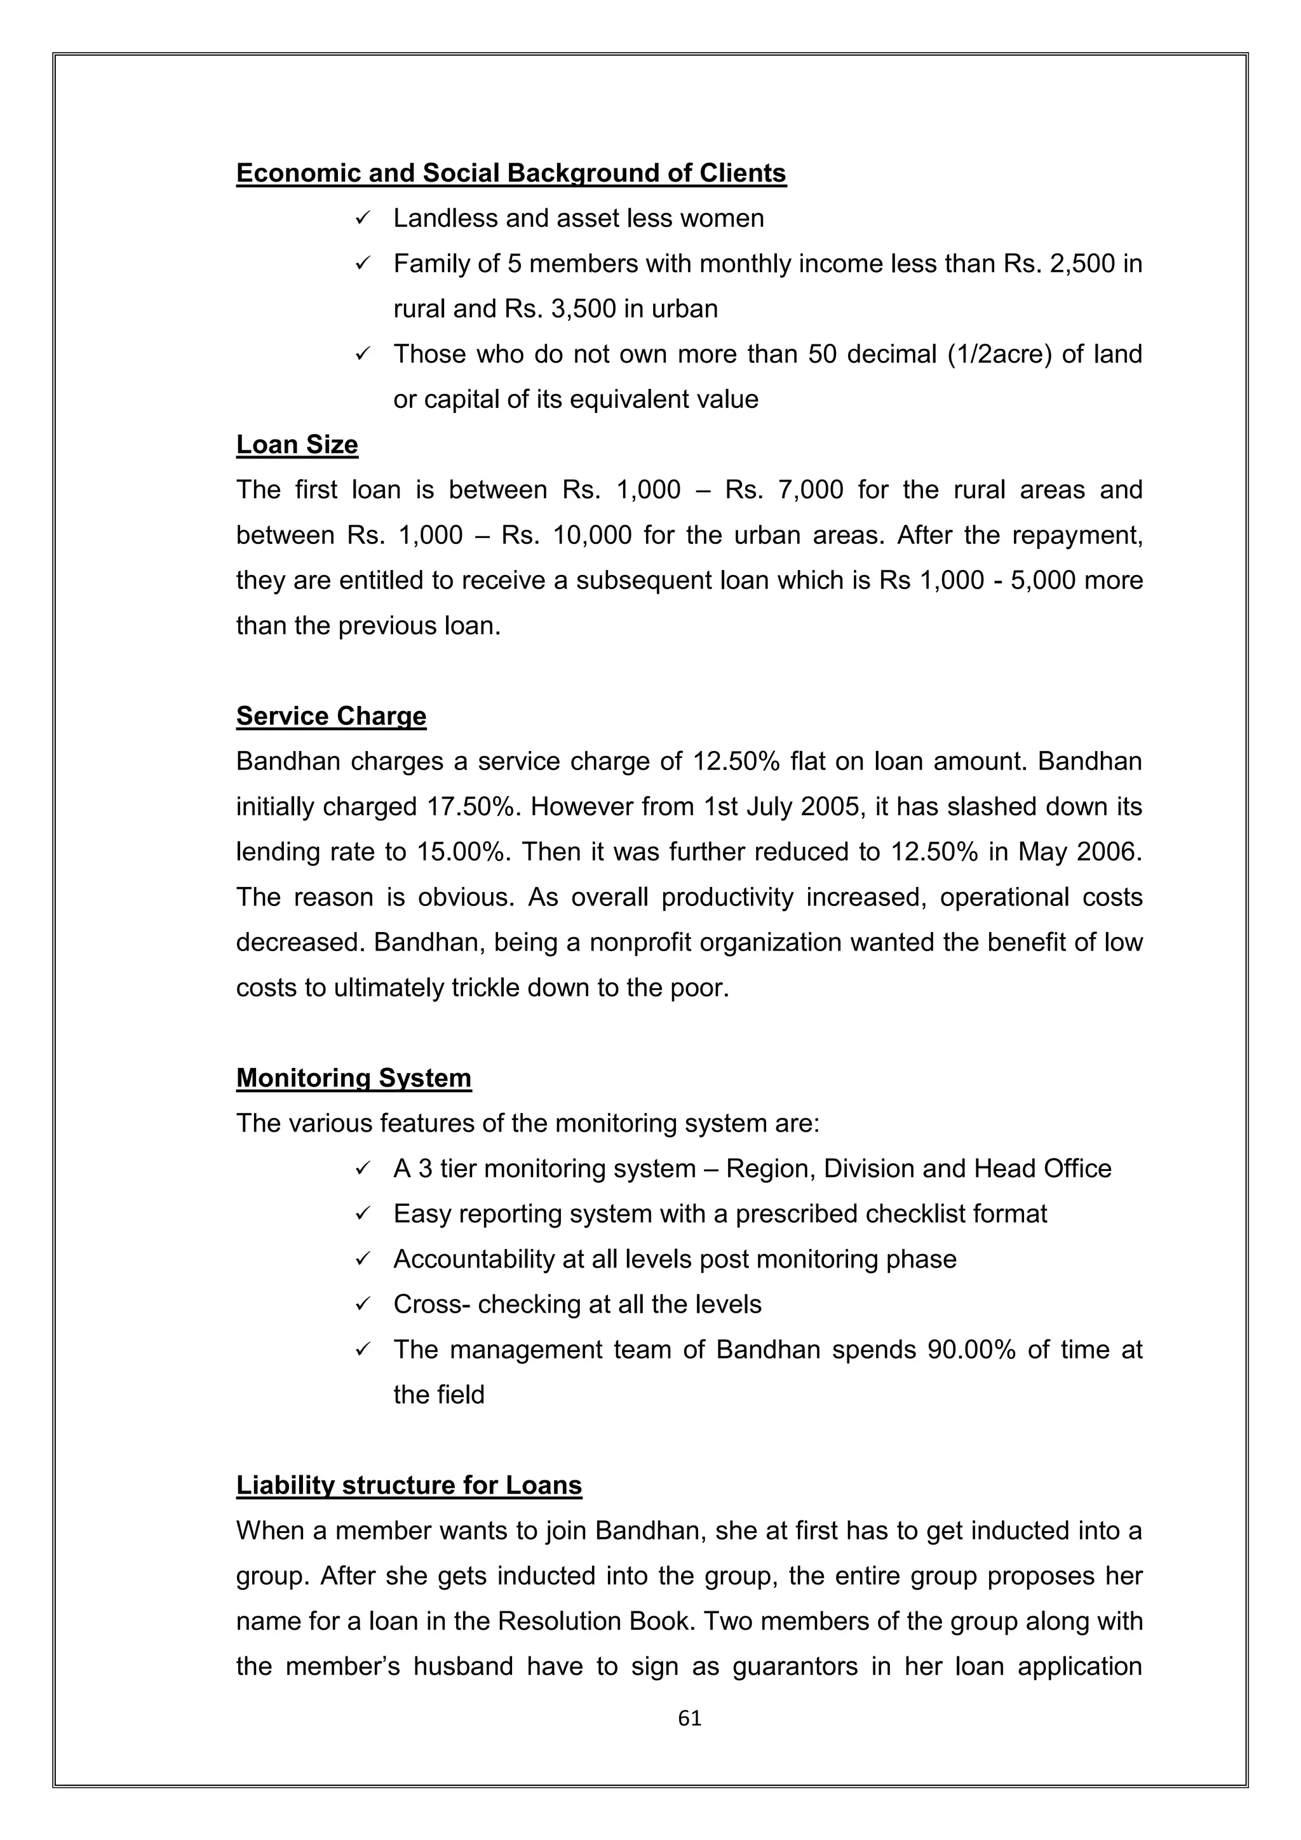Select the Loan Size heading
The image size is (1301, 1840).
[297, 444]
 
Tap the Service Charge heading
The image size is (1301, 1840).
[331, 715]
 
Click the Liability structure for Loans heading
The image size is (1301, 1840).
[408, 1485]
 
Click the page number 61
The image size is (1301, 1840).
[689, 1717]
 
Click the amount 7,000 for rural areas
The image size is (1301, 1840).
[810, 490]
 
